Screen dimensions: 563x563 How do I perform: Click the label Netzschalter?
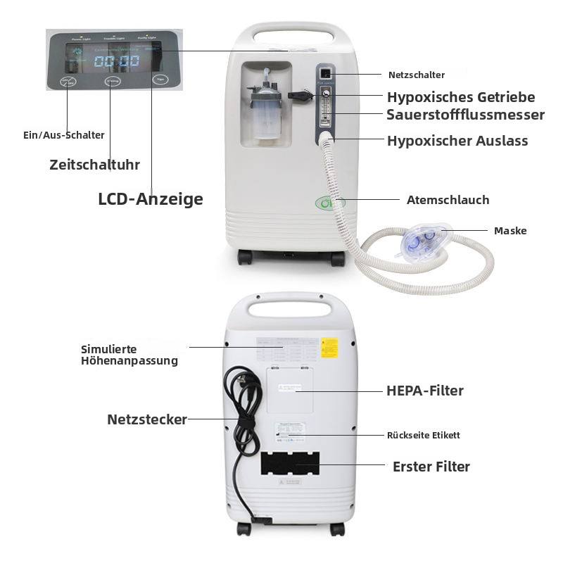[417, 75]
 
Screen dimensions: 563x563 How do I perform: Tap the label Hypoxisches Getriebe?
[461, 97]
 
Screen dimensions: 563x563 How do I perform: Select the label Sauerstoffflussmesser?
[465, 115]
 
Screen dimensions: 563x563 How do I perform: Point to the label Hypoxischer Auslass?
[457, 141]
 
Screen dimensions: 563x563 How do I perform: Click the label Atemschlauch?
[448, 200]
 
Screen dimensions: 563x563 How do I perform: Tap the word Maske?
[510, 231]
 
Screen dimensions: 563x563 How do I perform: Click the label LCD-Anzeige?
[151, 199]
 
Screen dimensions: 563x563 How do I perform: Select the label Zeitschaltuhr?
[94, 165]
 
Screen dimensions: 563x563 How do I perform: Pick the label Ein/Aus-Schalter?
[63, 135]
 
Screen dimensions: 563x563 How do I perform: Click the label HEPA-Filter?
[425, 391]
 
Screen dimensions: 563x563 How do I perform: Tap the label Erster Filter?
[431, 467]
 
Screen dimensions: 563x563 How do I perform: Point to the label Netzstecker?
[147, 419]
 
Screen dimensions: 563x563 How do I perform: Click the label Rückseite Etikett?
[424, 436]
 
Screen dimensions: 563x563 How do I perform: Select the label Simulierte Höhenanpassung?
[129, 355]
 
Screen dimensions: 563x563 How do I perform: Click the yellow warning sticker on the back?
[329, 347]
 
